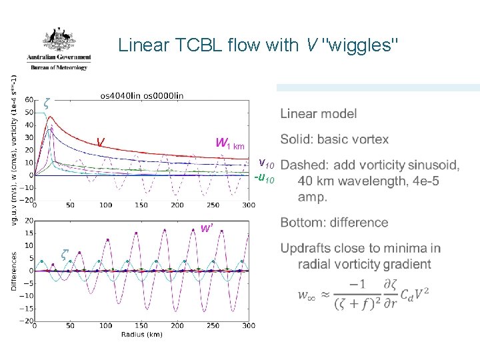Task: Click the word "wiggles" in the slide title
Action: click(x=361, y=45)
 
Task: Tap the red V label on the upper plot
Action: click(x=100, y=142)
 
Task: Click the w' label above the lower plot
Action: click(x=207, y=228)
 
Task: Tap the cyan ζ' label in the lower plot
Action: click(x=65, y=254)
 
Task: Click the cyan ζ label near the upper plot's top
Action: click(x=46, y=103)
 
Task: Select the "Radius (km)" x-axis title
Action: click(x=141, y=334)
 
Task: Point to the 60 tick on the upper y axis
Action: click(x=29, y=100)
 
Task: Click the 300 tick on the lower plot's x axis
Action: click(x=249, y=327)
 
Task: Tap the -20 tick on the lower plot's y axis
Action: click(x=27, y=321)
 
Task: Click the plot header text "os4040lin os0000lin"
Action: click(x=141, y=95)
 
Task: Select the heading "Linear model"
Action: click(x=318, y=114)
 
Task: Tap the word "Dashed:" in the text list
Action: click(x=305, y=165)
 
